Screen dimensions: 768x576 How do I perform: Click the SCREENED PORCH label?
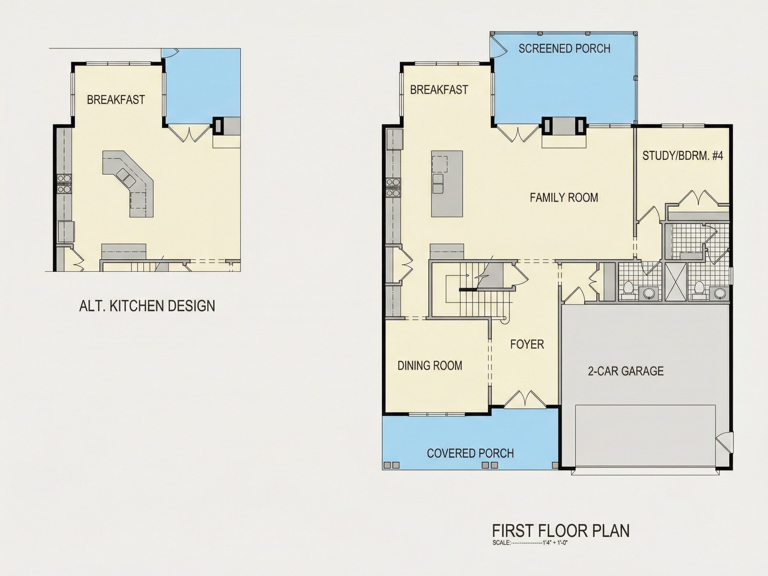pyautogui.click(x=565, y=49)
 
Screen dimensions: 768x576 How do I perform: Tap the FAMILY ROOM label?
pyautogui.click(x=564, y=198)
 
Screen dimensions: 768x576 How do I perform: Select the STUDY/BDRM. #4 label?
pyautogui.click(x=683, y=156)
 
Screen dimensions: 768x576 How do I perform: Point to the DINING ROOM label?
pyautogui.click(x=430, y=366)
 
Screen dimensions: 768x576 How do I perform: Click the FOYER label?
pyautogui.click(x=527, y=344)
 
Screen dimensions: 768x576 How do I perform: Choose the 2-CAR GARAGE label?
pyautogui.click(x=626, y=371)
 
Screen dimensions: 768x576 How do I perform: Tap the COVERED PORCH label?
pyautogui.click(x=470, y=453)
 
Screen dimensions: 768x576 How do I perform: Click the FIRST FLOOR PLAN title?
pyautogui.click(x=561, y=531)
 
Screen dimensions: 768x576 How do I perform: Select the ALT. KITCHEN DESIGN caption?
pyautogui.click(x=147, y=306)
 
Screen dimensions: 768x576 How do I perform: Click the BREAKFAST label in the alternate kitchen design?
pyautogui.click(x=116, y=100)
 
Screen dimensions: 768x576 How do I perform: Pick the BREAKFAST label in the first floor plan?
pyautogui.click(x=439, y=90)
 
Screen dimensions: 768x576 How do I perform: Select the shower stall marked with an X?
pyautogui.click(x=676, y=281)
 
